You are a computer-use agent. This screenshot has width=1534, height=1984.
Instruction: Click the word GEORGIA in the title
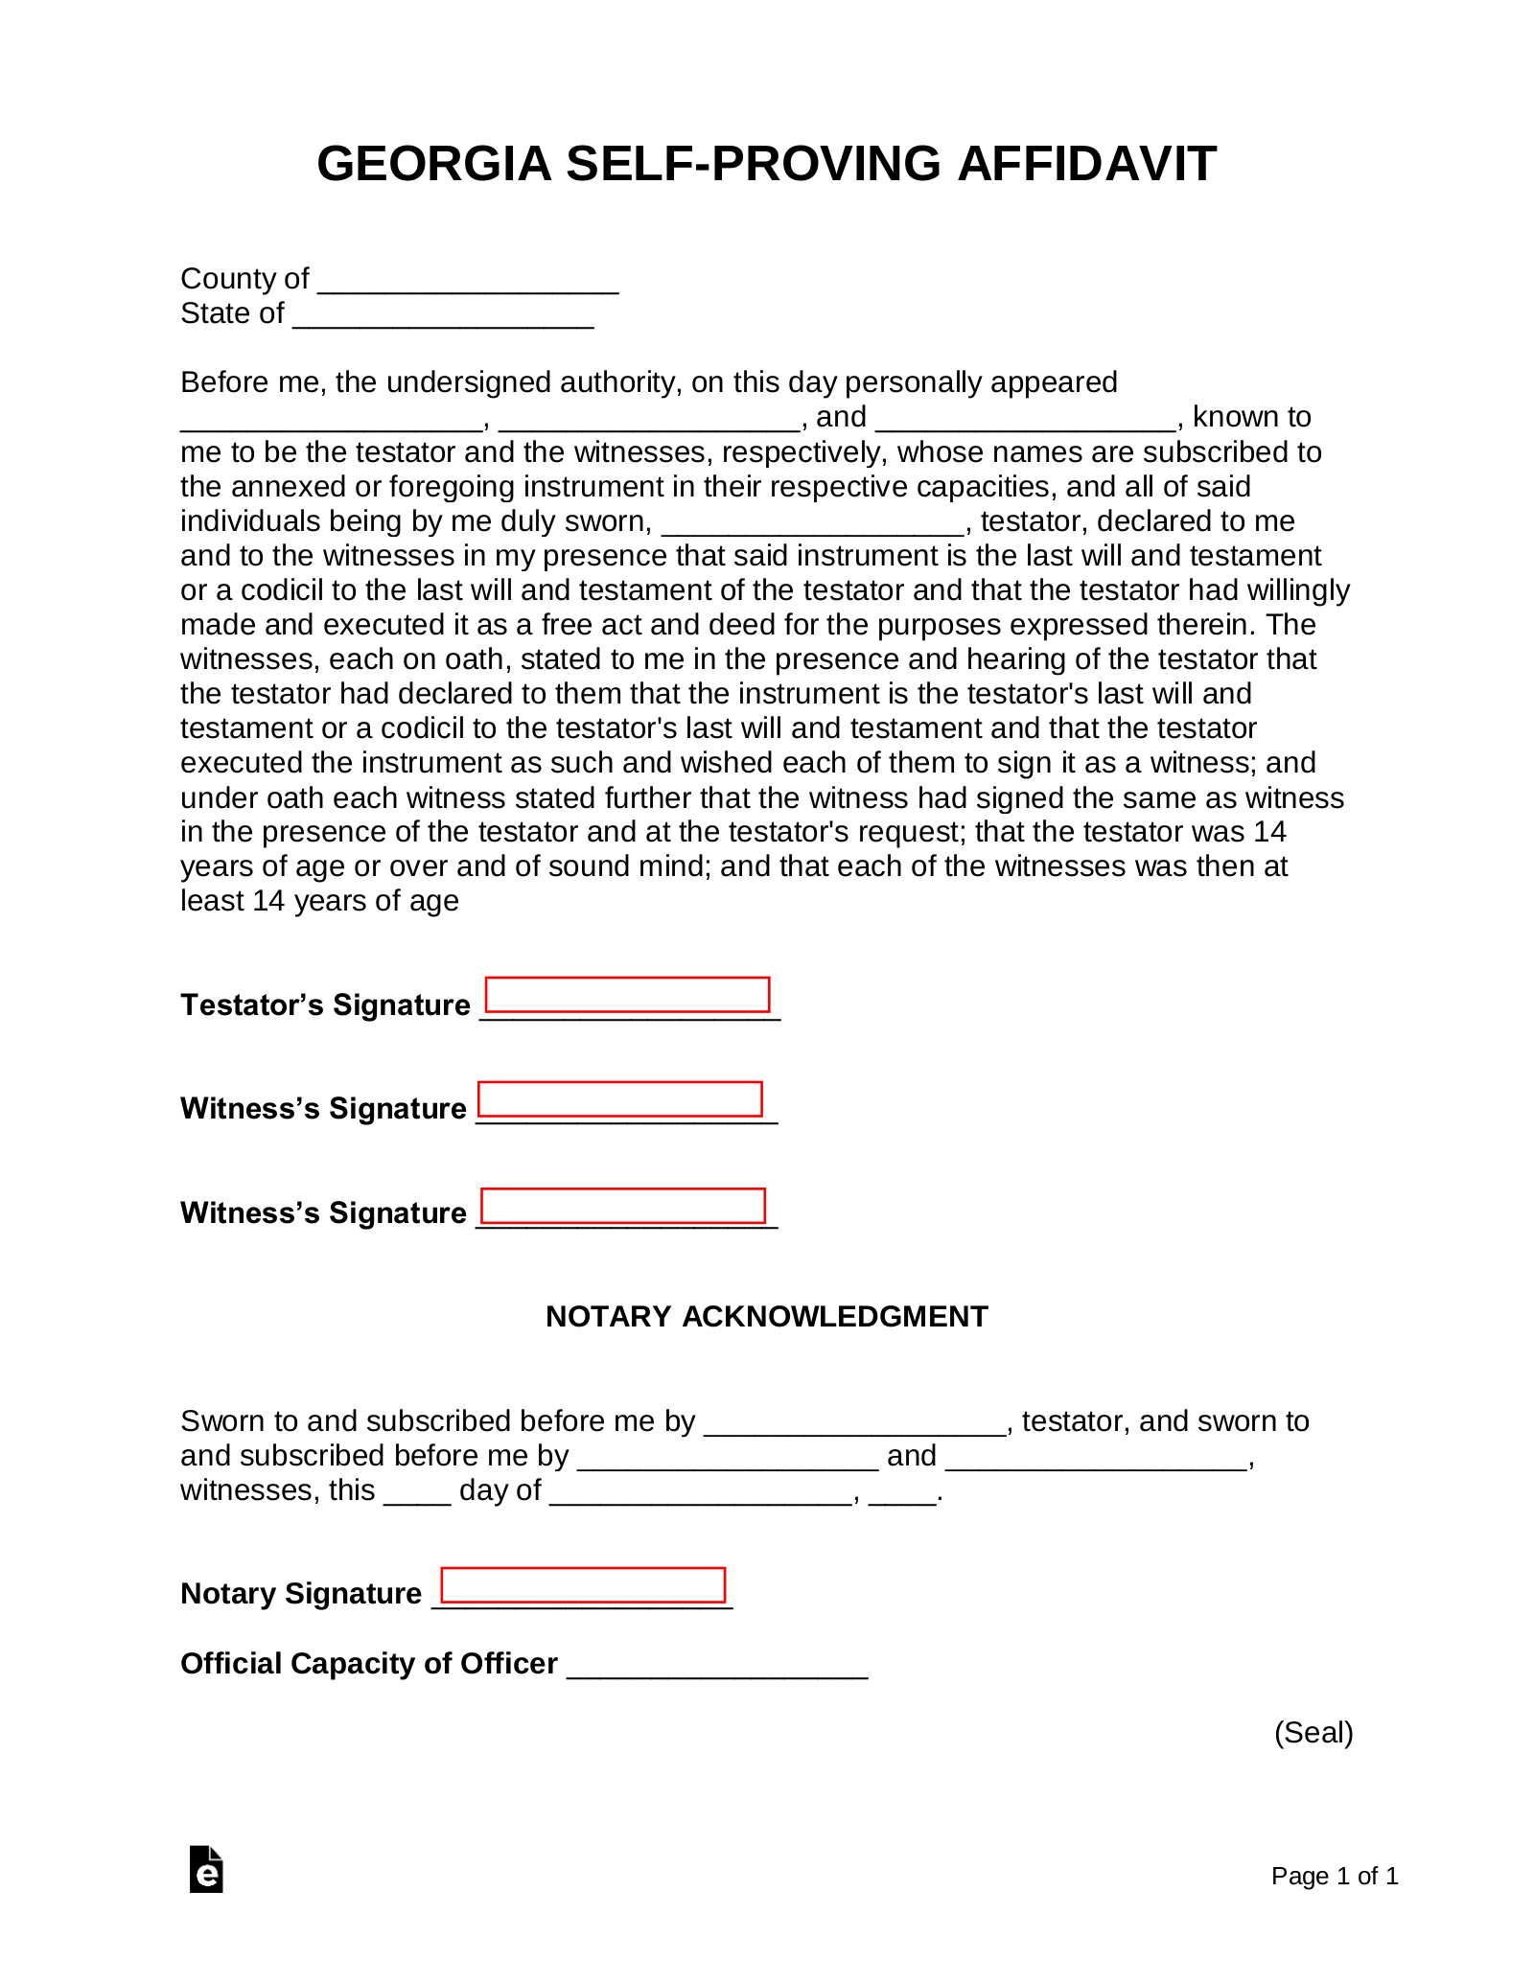coord(433,164)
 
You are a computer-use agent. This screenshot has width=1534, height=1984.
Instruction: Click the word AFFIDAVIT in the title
coord(1086,164)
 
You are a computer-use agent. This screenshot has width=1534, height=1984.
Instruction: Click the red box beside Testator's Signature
coord(627,995)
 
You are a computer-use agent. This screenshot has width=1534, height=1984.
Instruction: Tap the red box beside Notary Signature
coord(583,1584)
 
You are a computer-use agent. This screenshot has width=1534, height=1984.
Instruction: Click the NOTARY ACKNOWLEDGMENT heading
coord(766,1316)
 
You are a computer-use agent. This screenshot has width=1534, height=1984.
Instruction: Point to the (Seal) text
coord(1313,1732)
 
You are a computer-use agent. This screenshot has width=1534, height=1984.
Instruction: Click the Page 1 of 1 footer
coord(1334,1876)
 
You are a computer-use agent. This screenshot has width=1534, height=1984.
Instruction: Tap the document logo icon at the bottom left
coord(206,1869)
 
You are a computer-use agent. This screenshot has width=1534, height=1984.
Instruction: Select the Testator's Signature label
coord(325,1004)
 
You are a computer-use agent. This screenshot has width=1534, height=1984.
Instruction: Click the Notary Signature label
coord(301,1593)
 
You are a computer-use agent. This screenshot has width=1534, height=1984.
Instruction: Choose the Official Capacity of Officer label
coord(369,1663)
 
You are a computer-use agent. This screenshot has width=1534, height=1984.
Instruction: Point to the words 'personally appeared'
coord(981,382)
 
